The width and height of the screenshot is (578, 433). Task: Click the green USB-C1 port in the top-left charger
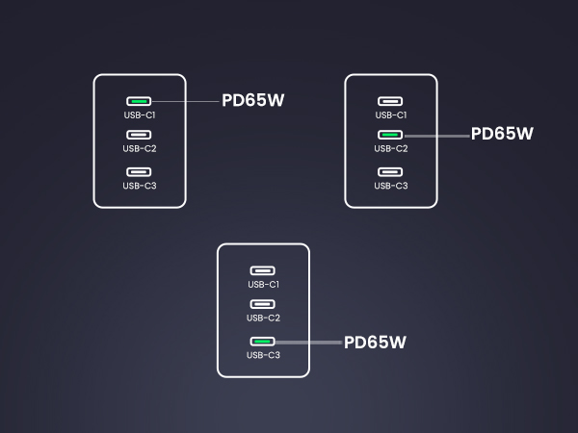point(139,101)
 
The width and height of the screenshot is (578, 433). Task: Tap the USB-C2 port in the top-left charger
point(139,135)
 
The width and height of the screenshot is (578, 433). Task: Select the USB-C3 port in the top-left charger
point(139,172)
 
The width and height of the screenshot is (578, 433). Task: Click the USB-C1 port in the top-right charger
point(390,101)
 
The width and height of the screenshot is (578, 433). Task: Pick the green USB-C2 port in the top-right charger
point(390,135)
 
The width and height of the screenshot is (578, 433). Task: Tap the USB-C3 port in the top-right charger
point(390,172)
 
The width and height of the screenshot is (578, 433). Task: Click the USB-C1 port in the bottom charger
point(262,270)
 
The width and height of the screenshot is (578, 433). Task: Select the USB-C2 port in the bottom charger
point(262,304)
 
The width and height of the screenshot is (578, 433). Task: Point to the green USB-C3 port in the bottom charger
point(262,342)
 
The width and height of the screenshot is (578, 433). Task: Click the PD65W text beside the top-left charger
point(252,100)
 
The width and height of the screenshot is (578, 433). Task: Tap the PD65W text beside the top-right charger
point(502,134)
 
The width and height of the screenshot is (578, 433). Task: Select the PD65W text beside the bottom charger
point(375,342)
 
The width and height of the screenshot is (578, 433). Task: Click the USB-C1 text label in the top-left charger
point(140,115)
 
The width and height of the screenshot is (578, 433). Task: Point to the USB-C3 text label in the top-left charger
point(140,186)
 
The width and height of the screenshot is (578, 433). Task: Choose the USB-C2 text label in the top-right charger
point(391,148)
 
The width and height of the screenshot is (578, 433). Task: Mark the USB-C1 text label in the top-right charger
point(391,115)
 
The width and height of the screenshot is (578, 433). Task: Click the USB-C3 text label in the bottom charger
point(264,355)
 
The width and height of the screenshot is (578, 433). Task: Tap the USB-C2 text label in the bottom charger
point(264,318)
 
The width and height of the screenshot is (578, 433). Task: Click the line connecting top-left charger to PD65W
point(185,101)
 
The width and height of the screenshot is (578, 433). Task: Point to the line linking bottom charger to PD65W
point(308,343)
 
